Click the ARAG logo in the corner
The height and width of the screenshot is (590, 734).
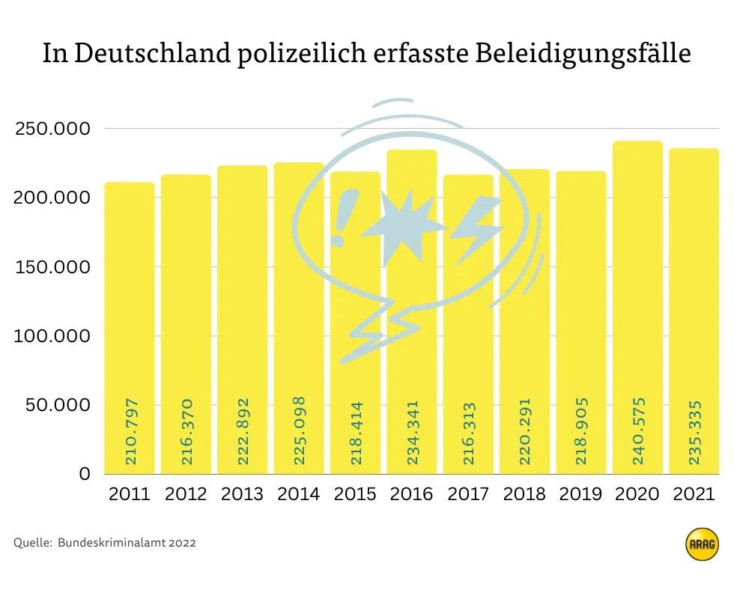pyautogui.click(x=701, y=544)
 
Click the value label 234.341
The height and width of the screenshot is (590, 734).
pyautogui.click(x=413, y=432)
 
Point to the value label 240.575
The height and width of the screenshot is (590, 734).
pyautogui.click(x=638, y=431)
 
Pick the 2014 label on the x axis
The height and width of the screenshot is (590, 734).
pyautogui.click(x=299, y=494)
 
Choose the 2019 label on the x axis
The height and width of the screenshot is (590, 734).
pyautogui.click(x=581, y=494)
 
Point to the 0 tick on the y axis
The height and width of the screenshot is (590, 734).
pyautogui.click(x=85, y=474)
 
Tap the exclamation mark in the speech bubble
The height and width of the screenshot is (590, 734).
pyautogui.click(x=343, y=217)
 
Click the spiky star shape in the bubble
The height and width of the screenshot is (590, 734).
pyautogui.click(x=407, y=225)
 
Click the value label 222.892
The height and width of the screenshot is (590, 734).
pyautogui.click(x=243, y=432)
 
